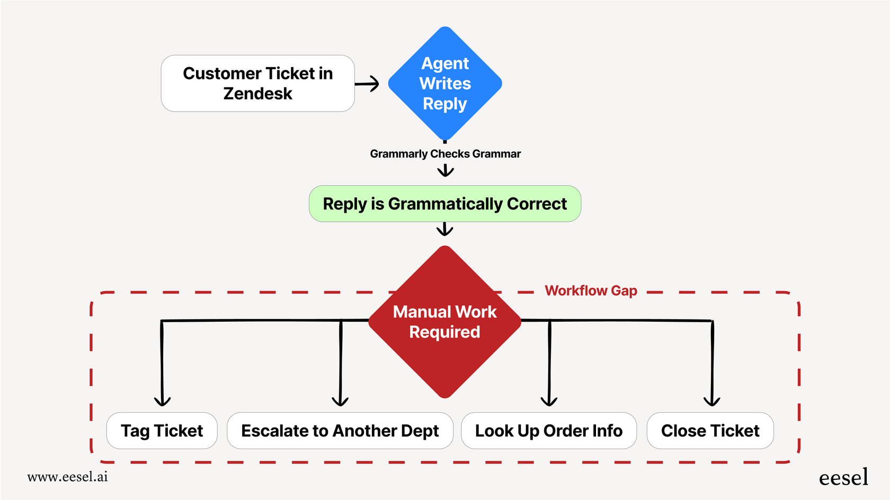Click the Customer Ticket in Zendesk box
(257, 83)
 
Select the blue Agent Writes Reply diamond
(445, 83)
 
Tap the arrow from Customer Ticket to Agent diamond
(368, 84)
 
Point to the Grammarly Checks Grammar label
(445, 154)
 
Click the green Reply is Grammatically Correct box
(445, 204)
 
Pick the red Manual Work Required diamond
(445, 322)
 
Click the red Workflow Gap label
(591, 291)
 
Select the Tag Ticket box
(162, 431)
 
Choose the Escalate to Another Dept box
(340, 431)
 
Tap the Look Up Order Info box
(549, 431)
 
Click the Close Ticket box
(710, 431)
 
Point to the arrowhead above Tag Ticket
(162, 401)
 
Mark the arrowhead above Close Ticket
(711, 401)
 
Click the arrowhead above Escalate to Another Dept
(340, 401)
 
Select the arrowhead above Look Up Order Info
(549, 401)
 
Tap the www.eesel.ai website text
(68, 477)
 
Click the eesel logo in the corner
(843, 478)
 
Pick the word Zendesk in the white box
(257, 94)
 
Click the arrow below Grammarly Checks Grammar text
(446, 170)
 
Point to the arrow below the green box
(445, 229)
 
